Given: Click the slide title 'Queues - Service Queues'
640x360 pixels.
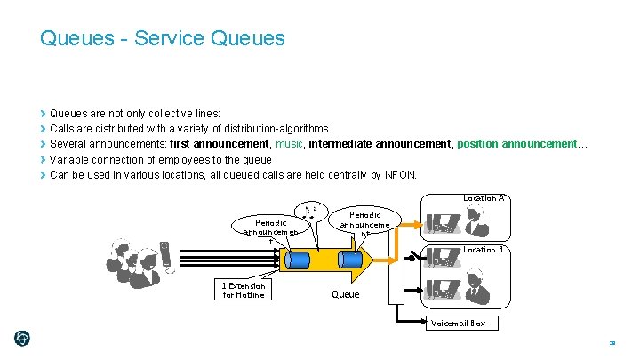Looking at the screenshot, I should pyautogui.click(x=163, y=38).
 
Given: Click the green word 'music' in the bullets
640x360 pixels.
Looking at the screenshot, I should pyautogui.click(x=289, y=144).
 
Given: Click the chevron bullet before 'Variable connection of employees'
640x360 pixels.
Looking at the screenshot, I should pyautogui.click(x=44, y=159).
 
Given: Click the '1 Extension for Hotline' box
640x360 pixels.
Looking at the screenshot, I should pyautogui.click(x=244, y=290).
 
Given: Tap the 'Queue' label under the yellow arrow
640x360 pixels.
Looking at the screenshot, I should pyautogui.click(x=346, y=294).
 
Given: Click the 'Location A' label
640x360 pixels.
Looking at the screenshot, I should pyautogui.click(x=484, y=198).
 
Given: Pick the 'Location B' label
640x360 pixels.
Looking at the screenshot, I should pyautogui.click(x=484, y=250).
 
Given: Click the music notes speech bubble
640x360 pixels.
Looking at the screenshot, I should pyautogui.click(x=312, y=212).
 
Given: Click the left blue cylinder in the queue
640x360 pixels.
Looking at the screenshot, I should pyautogui.click(x=296, y=260).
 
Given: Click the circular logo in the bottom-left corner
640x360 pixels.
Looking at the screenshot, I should pyautogui.click(x=22, y=339).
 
